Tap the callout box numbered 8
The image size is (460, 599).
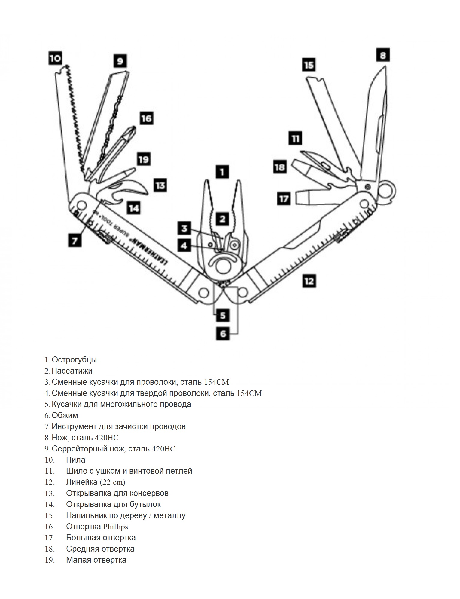[383, 55]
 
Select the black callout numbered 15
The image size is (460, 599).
[309, 65]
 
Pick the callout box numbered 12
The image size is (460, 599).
[309, 281]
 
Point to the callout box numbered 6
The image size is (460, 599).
[223, 333]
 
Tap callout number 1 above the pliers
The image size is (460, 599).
[222, 172]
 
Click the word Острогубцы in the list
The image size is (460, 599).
[74, 360]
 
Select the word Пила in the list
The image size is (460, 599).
[75, 460]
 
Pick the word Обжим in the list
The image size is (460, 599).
[65, 415]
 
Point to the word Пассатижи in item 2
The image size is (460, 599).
[72, 371]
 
